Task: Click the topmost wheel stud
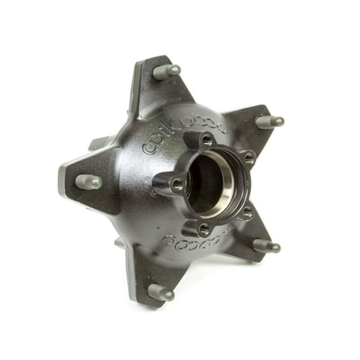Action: coord(166,71)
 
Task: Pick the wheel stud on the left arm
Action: coord(88,182)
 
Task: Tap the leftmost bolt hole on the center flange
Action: coord(176,183)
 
